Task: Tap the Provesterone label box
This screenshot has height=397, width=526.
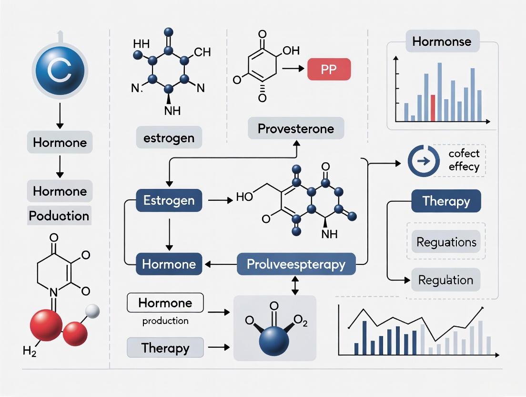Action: tap(296, 129)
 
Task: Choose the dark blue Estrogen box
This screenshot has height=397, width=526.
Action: tap(169, 200)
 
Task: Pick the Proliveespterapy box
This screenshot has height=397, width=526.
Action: tap(296, 264)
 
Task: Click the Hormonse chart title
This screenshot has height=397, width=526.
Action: tap(442, 42)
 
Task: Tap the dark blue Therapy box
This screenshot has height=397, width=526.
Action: tap(445, 201)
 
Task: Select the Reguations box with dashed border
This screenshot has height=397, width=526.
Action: tap(446, 242)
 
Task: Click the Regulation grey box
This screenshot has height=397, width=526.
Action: tap(445, 280)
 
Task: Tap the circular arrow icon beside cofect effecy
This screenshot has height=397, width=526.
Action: tap(423, 161)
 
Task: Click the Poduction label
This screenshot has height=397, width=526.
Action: tap(59, 216)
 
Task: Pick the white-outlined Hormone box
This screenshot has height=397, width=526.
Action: tap(165, 303)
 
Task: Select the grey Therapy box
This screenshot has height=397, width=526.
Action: tap(165, 348)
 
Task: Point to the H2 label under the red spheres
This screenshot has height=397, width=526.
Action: tap(30, 352)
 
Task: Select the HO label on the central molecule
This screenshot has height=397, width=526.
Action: tap(244, 197)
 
